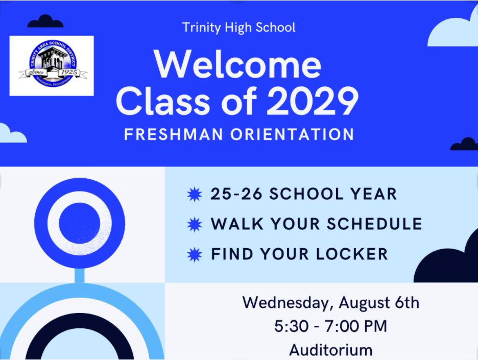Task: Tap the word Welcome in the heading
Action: pyautogui.click(x=238, y=64)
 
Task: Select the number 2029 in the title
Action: pyautogui.click(x=313, y=101)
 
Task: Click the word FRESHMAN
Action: pyautogui.click(x=174, y=134)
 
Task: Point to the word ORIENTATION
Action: pyautogui.click(x=292, y=134)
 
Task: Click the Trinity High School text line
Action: pyautogui.click(x=238, y=28)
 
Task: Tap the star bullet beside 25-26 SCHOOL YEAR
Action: pyautogui.click(x=195, y=194)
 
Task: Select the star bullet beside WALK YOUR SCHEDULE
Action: pyautogui.click(x=195, y=224)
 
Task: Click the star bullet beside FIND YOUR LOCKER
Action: pyautogui.click(x=195, y=254)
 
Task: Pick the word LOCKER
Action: pyautogui.click(x=352, y=254)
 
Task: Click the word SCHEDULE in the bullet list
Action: pyautogui.click(x=374, y=224)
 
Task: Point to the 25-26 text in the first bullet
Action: pyautogui.click(x=236, y=194)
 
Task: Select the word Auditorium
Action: pyautogui.click(x=331, y=350)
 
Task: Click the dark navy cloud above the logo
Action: pyautogui.click(x=45, y=21)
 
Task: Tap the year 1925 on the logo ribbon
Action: pyautogui.click(x=69, y=72)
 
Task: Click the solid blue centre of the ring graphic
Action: pyautogui.click(x=79, y=223)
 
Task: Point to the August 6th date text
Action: pyautogui.click(x=379, y=303)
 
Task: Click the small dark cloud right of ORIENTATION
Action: pyautogui.click(x=464, y=144)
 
